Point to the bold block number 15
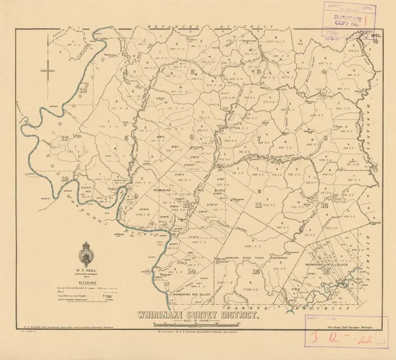(x=257, y=272)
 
